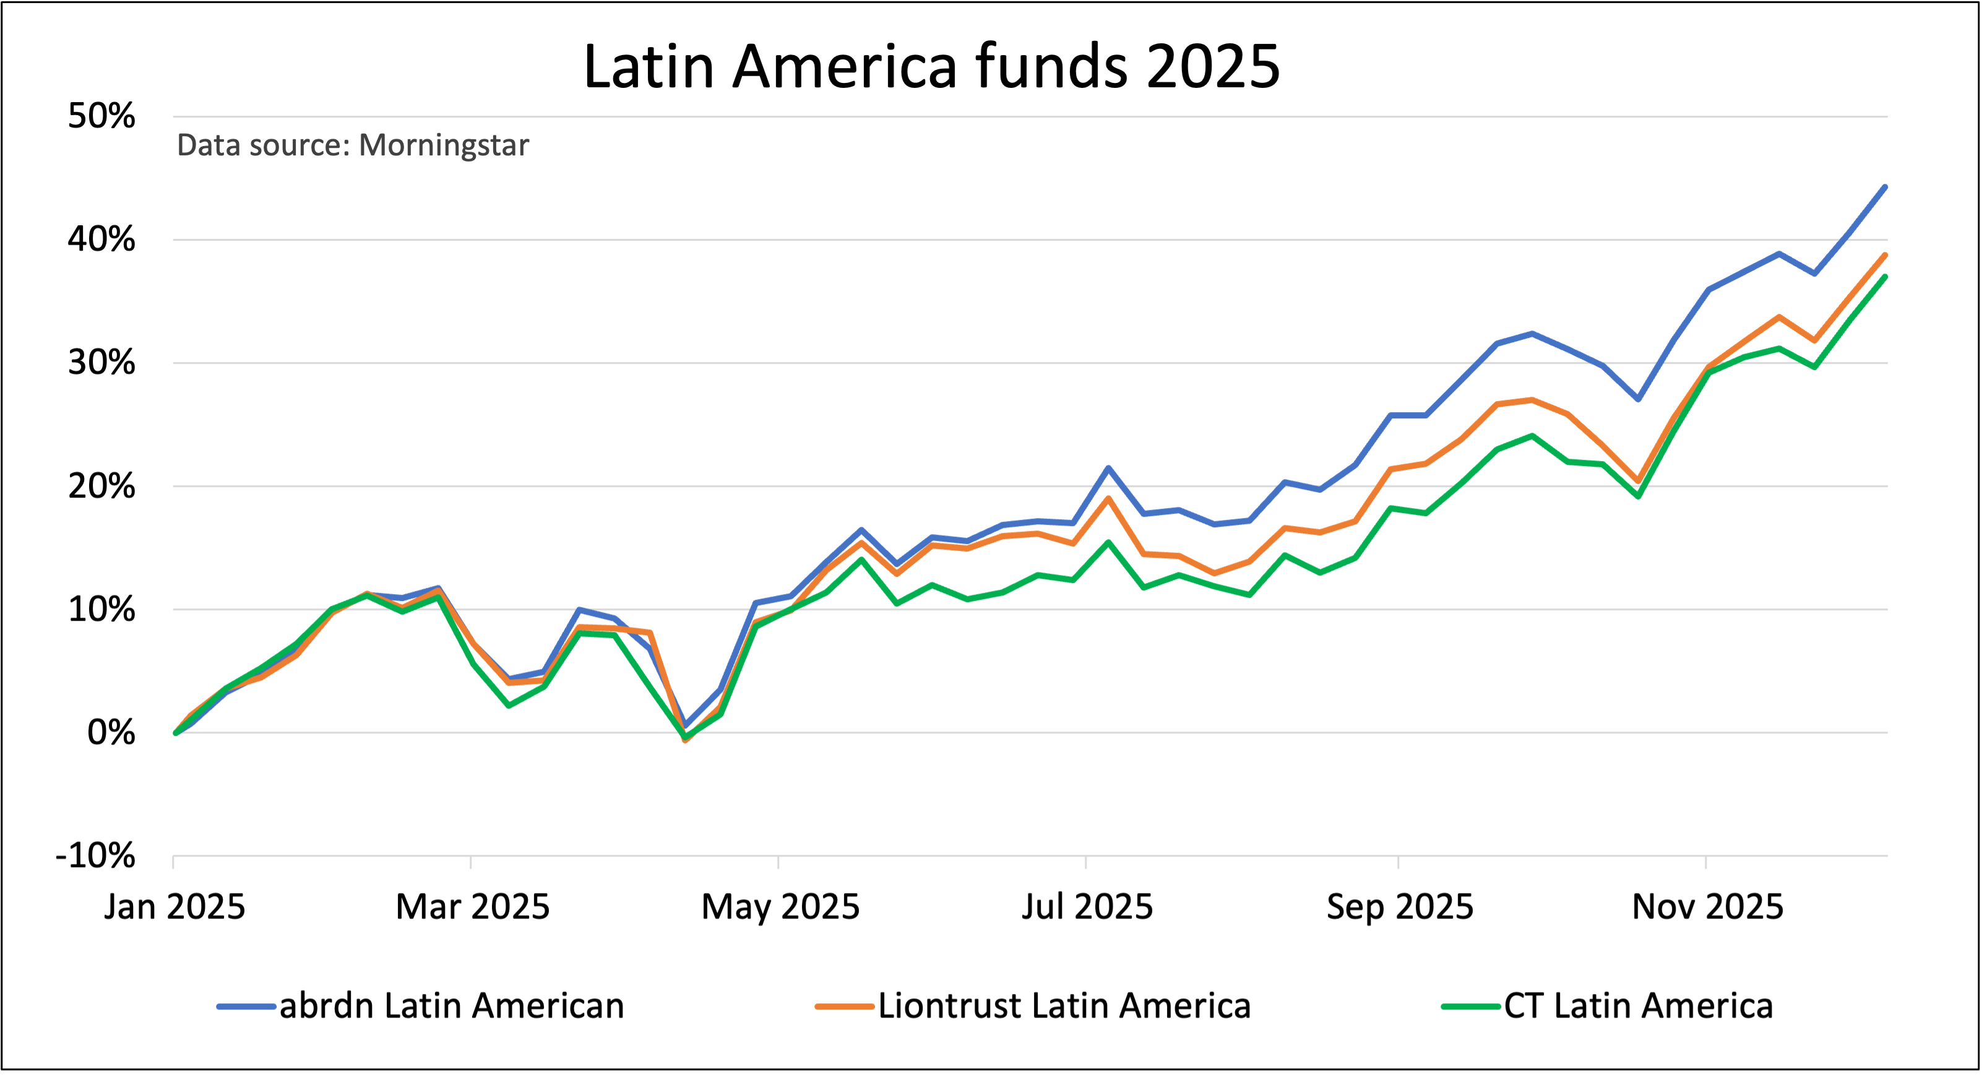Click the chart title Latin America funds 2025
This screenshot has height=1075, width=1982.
(x=931, y=66)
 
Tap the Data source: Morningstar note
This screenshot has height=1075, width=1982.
(x=352, y=145)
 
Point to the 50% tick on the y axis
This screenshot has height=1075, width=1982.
(x=101, y=116)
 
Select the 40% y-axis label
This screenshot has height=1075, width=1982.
(x=101, y=240)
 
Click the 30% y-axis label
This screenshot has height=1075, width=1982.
(x=101, y=363)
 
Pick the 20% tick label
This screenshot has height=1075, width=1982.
(x=101, y=486)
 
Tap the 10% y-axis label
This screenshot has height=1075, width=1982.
(x=101, y=610)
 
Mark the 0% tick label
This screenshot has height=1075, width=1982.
(x=111, y=733)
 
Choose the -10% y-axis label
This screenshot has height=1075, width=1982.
(x=95, y=856)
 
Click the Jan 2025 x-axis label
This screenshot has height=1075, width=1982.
(x=175, y=907)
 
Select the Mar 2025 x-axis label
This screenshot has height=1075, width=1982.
(x=472, y=907)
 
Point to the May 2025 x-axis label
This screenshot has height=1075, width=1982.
(x=780, y=907)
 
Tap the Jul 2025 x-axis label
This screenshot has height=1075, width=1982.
(x=1087, y=907)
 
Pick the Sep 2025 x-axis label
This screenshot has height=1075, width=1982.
(x=1399, y=907)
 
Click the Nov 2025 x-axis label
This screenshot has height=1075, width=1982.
(x=1707, y=907)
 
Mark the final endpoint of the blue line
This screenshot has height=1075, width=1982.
(x=1884, y=187)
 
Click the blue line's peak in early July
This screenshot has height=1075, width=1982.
(x=1108, y=468)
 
